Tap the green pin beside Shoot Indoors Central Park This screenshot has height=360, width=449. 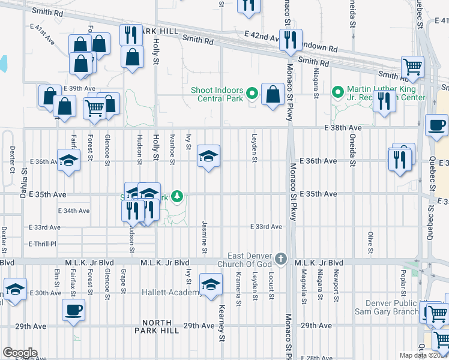pyautogui.click(x=252, y=94)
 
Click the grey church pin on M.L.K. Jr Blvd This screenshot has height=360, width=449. pyautogui.click(x=280, y=259)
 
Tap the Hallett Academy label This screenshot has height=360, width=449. pyautogui.click(x=172, y=292)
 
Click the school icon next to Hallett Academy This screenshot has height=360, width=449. pyautogui.click(x=210, y=284)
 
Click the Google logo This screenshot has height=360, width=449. pyautogui.click(x=19, y=353)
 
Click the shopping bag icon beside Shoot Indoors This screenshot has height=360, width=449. pyautogui.click(x=273, y=94)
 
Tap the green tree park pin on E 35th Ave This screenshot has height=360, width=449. pyautogui.click(x=177, y=196)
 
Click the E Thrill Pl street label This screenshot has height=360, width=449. pyautogui.click(x=42, y=244)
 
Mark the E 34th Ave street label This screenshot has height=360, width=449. pyautogui.click(x=74, y=211)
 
